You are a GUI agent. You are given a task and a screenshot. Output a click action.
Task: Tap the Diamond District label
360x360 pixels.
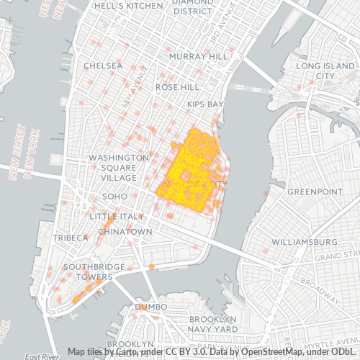coord(192,6)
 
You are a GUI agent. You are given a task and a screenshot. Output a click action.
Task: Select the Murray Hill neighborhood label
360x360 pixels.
coord(198,55)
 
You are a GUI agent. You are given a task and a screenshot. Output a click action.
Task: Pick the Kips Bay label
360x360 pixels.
coord(206,104)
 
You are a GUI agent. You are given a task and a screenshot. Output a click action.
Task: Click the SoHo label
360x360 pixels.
coord(114,196)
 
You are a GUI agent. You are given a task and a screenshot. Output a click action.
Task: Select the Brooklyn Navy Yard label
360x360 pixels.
coord(213,324)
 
